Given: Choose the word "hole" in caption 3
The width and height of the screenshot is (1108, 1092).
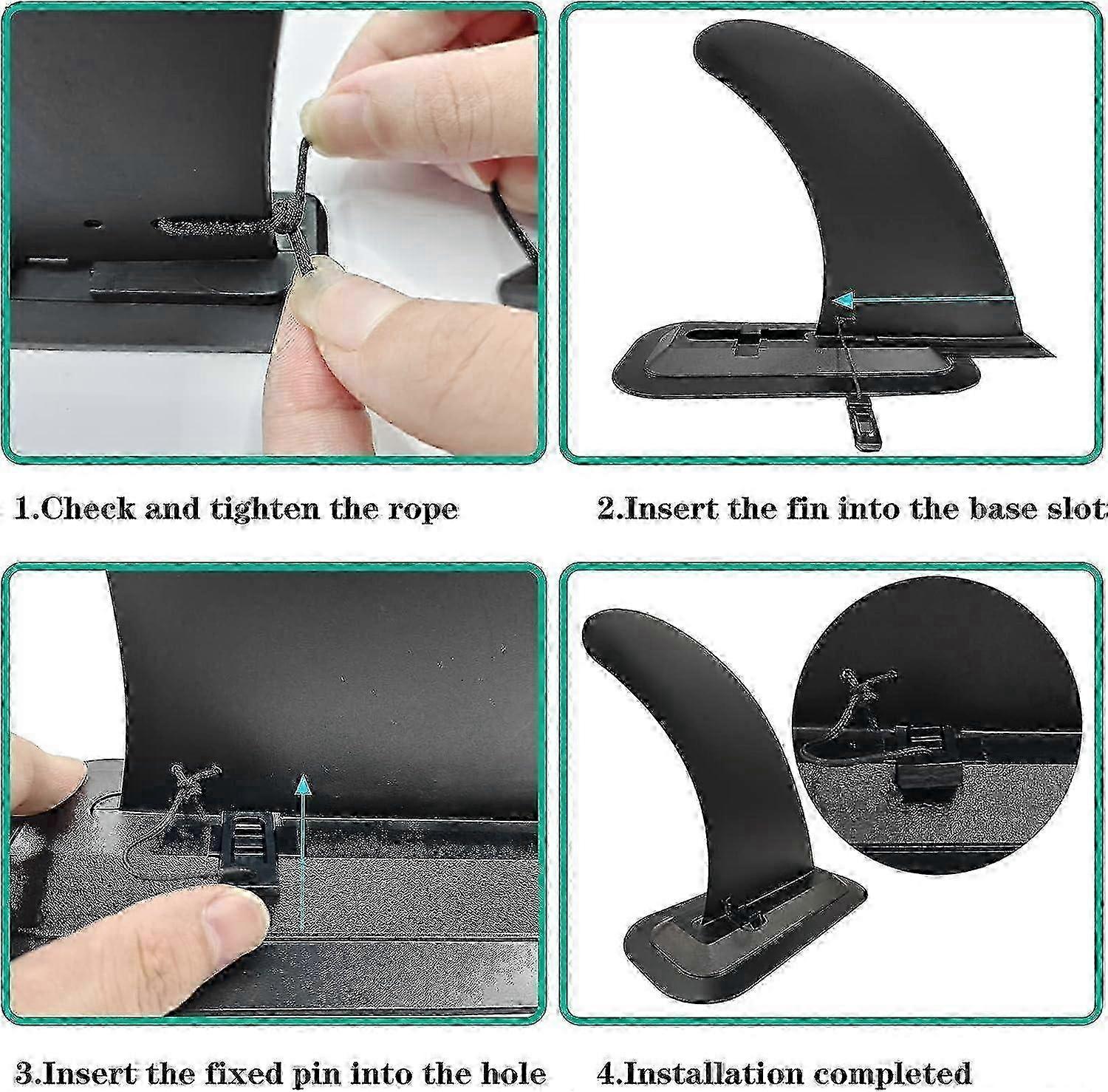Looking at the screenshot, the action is tap(510, 1072).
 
